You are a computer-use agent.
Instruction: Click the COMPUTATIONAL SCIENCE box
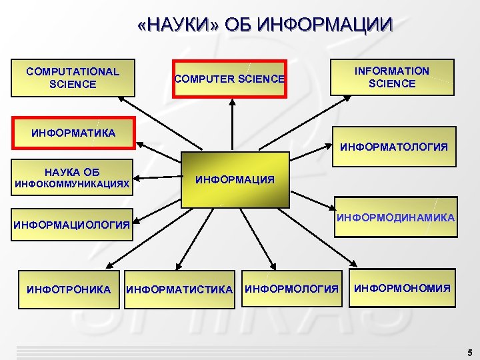[73, 78]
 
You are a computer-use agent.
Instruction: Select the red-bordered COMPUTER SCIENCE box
[229, 79]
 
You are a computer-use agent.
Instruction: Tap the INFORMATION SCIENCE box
[392, 77]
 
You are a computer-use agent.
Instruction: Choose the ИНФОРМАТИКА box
[73, 133]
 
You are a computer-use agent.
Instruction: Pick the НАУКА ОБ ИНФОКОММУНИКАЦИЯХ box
[73, 178]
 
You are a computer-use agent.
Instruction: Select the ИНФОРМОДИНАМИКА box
[395, 217]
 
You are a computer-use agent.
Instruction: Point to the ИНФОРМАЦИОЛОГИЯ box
[73, 225]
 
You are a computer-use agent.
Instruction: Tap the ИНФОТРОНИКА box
[69, 289]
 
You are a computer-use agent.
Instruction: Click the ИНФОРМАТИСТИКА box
[180, 289]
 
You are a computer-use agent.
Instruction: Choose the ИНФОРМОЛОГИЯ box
[291, 289]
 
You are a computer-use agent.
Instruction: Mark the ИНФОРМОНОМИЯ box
[401, 289]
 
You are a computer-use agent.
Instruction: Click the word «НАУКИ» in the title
[178, 26]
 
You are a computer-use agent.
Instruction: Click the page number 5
[469, 352]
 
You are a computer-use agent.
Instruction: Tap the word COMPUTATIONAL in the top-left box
[73, 71]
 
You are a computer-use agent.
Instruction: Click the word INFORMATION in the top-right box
[392, 71]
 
